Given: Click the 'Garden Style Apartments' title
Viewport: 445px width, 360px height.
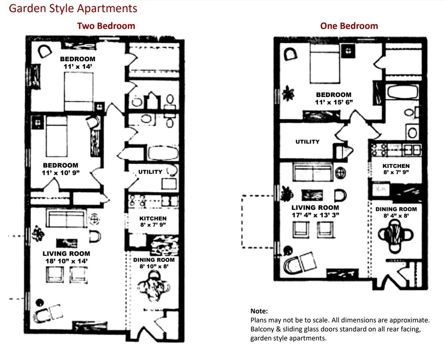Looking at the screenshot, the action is click(x=73, y=9).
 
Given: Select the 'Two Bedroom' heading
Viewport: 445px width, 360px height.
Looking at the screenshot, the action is click(x=106, y=26).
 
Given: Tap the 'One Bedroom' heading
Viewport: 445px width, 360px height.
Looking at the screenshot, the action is click(x=349, y=26).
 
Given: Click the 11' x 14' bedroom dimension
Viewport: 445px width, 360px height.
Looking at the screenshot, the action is click(x=78, y=67).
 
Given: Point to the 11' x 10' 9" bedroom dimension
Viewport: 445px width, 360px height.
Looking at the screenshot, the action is click(x=61, y=173).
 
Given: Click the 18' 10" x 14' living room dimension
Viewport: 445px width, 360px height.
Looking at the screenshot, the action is click(x=66, y=261).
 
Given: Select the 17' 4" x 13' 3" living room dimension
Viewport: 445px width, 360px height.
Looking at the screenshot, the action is click(x=315, y=215).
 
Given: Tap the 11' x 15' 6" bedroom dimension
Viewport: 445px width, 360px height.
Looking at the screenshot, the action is click(x=334, y=102).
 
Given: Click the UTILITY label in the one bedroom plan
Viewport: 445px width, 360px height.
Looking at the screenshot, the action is click(x=308, y=141).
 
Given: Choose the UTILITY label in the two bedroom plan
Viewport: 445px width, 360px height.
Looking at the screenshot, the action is click(x=150, y=172).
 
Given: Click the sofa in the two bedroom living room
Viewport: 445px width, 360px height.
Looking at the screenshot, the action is click(x=66, y=218).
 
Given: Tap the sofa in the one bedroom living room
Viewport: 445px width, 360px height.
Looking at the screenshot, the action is click(x=313, y=172).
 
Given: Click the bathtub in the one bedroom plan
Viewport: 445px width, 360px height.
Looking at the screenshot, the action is click(x=403, y=91).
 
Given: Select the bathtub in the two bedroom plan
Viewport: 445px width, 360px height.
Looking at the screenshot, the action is click(x=163, y=153).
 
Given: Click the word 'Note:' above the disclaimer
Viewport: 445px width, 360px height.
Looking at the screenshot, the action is click(x=259, y=311).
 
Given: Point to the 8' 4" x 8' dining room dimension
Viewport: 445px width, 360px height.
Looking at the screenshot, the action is click(x=396, y=216).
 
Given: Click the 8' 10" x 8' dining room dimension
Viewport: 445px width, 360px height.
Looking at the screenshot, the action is click(x=154, y=267).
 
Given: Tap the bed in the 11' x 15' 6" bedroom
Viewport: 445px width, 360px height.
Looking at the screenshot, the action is click(x=325, y=63).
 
